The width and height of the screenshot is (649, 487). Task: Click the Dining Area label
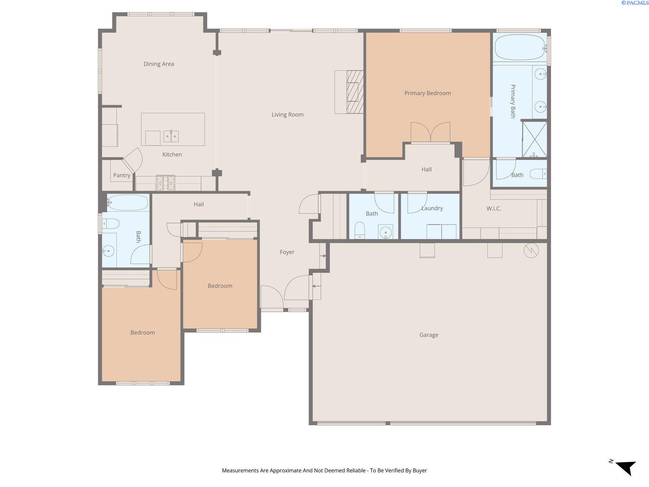(159, 64)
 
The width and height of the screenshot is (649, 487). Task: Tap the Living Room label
(288, 114)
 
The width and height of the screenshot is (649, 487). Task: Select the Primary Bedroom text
(428, 93)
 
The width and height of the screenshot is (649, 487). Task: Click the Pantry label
(122, 175)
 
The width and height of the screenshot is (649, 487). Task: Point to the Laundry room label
(432, 208)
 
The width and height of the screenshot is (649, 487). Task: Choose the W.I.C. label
(494, 209)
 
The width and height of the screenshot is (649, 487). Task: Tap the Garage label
(429, 335)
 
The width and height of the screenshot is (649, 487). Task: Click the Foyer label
(287, 252)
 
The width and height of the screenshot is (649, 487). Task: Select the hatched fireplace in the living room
(355, 92)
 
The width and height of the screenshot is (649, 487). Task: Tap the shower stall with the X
(535, 139)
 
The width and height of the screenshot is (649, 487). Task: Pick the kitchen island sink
(171, 136)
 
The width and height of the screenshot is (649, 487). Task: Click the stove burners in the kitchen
(165, 183)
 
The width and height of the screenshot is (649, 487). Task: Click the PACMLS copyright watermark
(635, 3)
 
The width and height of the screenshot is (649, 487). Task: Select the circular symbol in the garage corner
(531, 250)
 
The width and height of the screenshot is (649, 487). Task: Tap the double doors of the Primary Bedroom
(430, 132)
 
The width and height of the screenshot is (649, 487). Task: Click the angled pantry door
(133, 160)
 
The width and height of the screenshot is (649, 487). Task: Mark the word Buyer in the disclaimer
(419, 470)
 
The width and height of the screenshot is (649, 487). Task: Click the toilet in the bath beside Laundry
(359, 230)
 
